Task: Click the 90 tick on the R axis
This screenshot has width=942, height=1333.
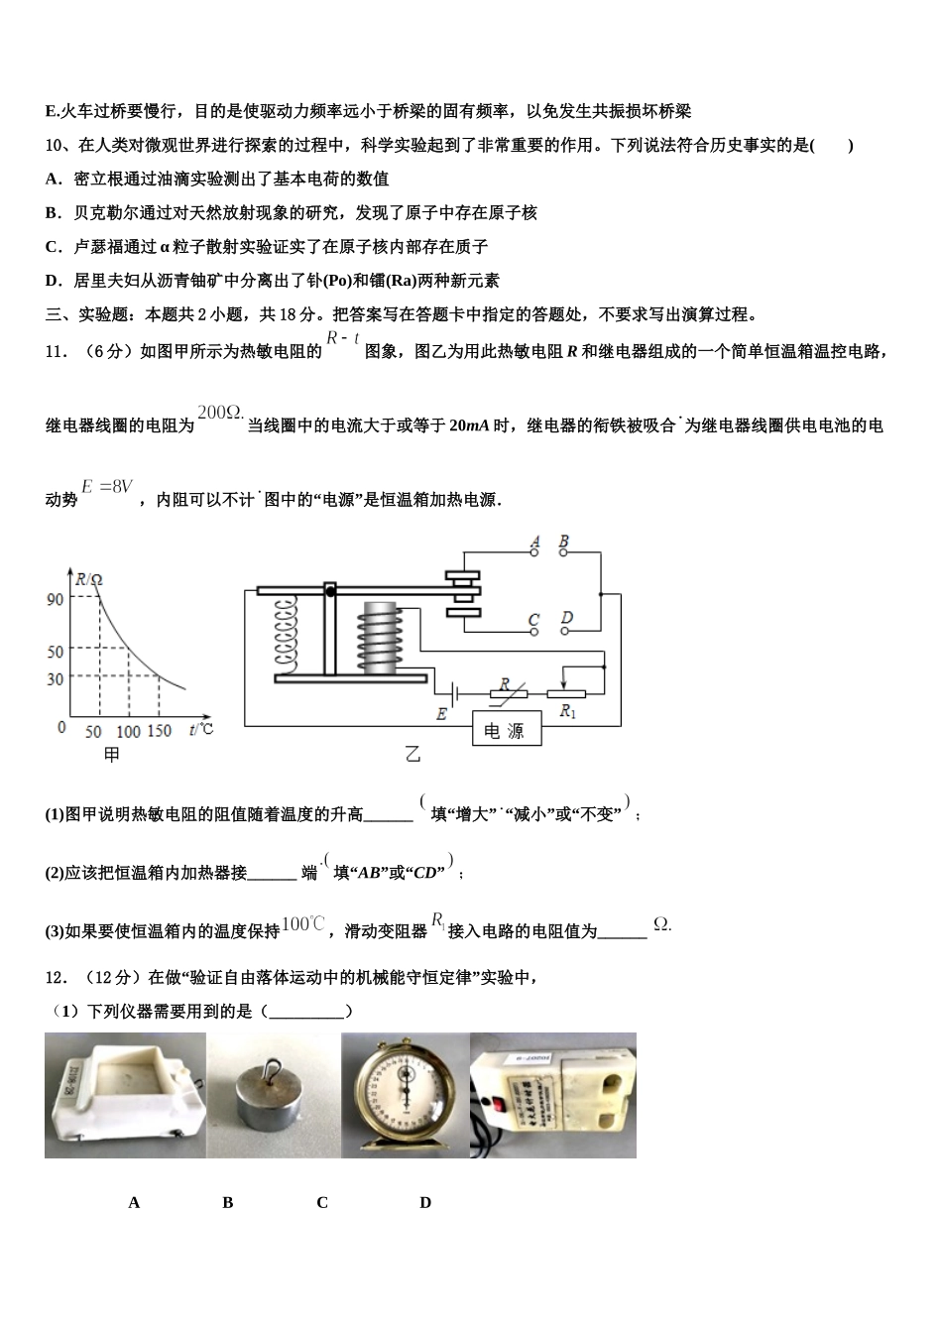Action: pyautogui.click(x=55, y=599)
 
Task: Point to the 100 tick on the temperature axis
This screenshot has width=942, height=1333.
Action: pyautogui.click(x=128, y=731)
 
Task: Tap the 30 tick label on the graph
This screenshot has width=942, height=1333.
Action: pyautogui.click(x=56, y=679)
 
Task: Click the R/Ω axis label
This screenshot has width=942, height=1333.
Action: pyautogui.click(x=89, y=579)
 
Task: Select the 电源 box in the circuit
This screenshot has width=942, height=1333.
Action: pyautogui.click(x=505, y=732)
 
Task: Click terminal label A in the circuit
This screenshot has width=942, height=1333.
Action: pyautogui.click(x=535, y=543)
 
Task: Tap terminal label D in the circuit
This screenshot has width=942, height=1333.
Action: pyautogui.click(x=566, y=619)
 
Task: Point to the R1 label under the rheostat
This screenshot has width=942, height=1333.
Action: pyautogui.click(x=568, y=710)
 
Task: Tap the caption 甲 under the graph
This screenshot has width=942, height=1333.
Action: pyautogui.click(x=112, y=756)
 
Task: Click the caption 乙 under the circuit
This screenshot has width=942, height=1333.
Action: pyautogui.click(x=412, y=756)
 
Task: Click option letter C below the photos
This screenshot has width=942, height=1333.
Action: pyautogui.click(x=322, y=1202)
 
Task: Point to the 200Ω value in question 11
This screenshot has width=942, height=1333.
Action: pyautogui.click(x=220, y=412)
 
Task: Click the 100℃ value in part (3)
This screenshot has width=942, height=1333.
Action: pyautogui.click(x=303, y=924)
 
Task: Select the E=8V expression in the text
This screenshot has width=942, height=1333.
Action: pyautogui.click(x=107, y=487)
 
